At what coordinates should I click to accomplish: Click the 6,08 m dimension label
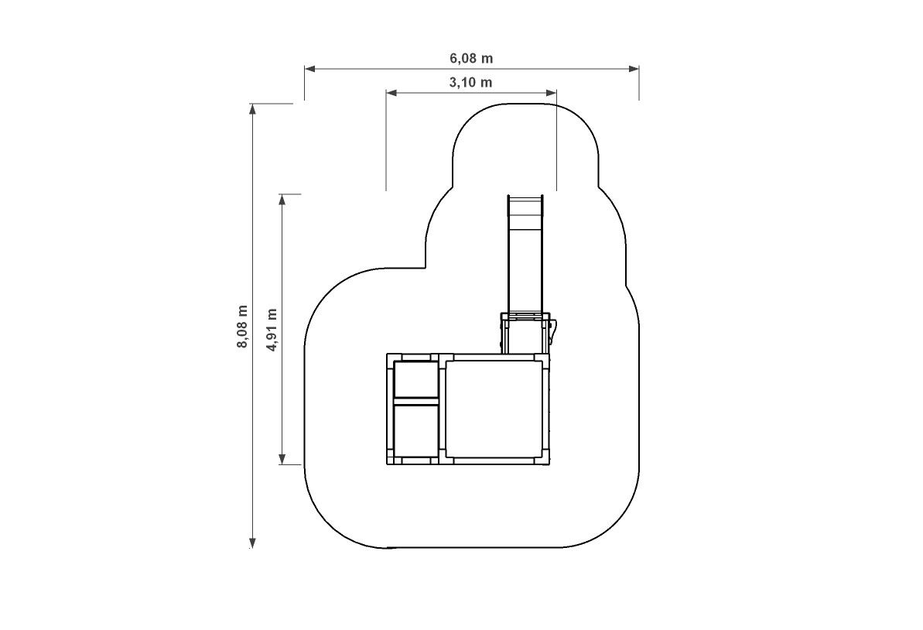pyautogui.click(x=471, y=58)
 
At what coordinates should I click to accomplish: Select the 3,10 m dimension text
pyautogui.click(x=471, y=83)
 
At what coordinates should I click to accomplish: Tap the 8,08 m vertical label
pyautogui.click(x=242, y=327)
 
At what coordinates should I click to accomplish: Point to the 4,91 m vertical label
pyautogui.click(x=272, y=330)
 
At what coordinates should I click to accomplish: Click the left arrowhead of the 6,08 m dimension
pyautogui.click(x=309, y=69)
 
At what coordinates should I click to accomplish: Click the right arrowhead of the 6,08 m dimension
pyautogui.click(x=634, y=69)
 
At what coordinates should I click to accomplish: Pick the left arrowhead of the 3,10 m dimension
pyautogui.click(x=391, y=92)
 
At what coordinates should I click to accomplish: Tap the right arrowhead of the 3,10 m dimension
pyautogui.click(x=551, y=92)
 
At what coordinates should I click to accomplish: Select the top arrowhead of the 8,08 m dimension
pyautogui.click(x=252, y=109)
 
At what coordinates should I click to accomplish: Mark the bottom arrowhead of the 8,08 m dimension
pyautogui.click(x=252, y=543)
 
